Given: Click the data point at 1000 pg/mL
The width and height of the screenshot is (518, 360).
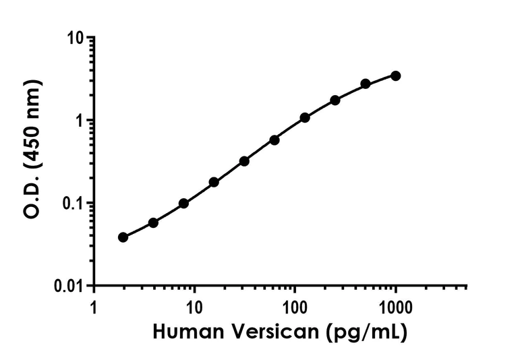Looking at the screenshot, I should pos(395,76).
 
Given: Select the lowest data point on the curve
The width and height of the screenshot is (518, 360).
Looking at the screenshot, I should pos(123,237).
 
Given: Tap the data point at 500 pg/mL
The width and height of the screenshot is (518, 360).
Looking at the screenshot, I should pos(366,84).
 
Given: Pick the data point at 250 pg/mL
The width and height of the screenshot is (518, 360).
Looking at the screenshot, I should pos(335,100).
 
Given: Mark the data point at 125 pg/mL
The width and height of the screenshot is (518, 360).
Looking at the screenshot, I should pos(305,117).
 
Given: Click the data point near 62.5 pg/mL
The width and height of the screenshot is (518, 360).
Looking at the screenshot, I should pos(275,140).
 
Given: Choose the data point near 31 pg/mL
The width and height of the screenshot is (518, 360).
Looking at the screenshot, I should pos(244,161).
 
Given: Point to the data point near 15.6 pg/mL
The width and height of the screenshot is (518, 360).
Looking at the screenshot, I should pos(214,182).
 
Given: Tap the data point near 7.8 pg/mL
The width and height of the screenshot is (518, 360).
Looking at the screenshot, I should pos(183,203).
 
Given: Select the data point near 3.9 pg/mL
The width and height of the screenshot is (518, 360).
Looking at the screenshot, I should pos(153,222).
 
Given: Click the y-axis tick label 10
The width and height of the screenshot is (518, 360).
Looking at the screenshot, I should pos(80,38).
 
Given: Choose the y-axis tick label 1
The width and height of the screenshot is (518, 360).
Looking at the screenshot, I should pos(84,121).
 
